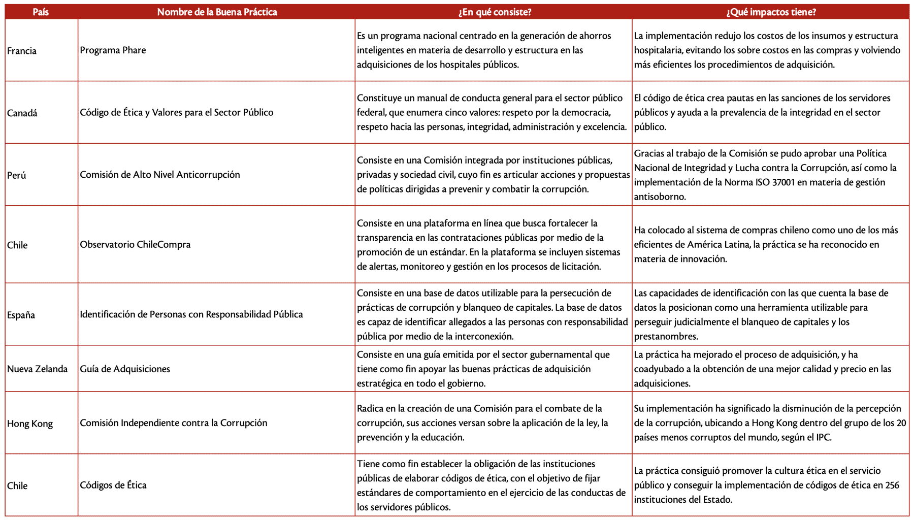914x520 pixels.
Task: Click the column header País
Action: click(41, 12)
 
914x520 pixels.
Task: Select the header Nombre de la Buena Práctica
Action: click(217, 12)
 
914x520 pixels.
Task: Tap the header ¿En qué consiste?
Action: click(495, 12)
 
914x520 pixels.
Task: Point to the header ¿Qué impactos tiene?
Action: click(771, 12)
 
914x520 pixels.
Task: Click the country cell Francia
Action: click(22, 51)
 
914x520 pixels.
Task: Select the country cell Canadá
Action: click(22, 113)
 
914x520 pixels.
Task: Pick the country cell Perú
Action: click(17, 175)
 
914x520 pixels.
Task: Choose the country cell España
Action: click(21, 315)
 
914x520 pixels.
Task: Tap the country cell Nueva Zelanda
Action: click(38, 369)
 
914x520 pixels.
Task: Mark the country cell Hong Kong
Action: click(30, 424)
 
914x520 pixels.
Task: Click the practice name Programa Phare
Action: click(113, 50)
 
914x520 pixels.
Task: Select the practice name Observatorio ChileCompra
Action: click(135, 244)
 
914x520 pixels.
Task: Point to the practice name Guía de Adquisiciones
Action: click(125, 369)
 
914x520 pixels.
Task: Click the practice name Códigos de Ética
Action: click(113, 485)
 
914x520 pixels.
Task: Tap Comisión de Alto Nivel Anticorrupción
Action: click(160, 175)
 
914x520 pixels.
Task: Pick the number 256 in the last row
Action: click(892, 485)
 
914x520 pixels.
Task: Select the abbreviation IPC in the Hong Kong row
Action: click(823, 437)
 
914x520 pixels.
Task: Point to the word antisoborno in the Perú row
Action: click(660, 197)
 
